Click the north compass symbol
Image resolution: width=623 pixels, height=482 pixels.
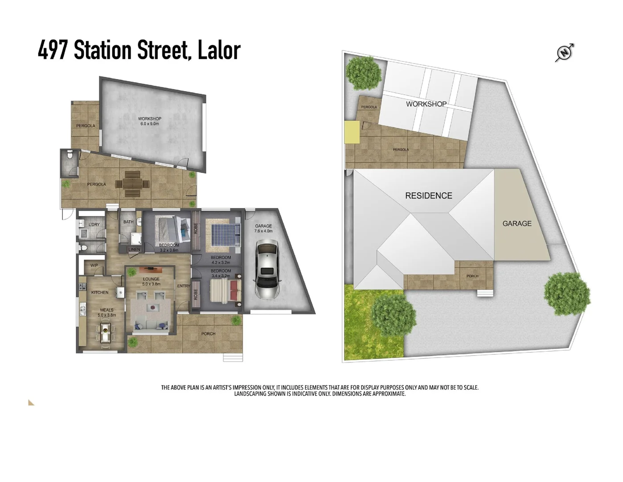tap(564, 53)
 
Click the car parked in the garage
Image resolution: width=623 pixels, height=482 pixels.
tap(267, 269)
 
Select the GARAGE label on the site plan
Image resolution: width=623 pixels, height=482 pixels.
tap(517, 224)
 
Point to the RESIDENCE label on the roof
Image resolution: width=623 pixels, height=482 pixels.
tap(428, 195)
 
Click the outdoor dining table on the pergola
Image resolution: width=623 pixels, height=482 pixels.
tap(132, 184)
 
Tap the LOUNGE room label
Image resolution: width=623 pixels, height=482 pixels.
tap(151, 279)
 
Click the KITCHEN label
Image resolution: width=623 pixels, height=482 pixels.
tap(100, 292)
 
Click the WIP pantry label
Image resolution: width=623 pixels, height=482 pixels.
tap(94, 266)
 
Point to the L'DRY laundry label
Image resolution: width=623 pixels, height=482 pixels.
tap(94, 224)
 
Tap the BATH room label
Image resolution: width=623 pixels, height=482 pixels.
tap(128, 222)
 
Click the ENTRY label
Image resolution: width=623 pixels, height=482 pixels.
tap(184, 286)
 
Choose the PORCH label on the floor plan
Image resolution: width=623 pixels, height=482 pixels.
tap(208, 334)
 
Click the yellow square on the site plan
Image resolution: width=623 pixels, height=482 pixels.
tap(352, 132)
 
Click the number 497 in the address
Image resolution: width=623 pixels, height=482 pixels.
tap(53, 50)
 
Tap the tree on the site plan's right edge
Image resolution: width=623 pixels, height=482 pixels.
tap(567, 294)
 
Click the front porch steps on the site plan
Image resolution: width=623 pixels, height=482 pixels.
tap(485, 293)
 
